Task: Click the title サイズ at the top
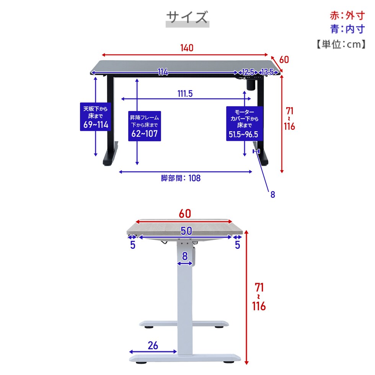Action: tap(187, 17)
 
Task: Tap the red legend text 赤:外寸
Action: tap(347, 16)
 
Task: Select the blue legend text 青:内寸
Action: tap(347, 29)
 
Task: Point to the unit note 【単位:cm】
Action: tap(341, 44)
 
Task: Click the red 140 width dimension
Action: tap(187, 48)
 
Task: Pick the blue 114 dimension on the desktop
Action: tap(163, 72)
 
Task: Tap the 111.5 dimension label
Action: tap(185, 93)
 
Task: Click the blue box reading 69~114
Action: tap(95, 117)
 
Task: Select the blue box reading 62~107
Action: tap(145, 126)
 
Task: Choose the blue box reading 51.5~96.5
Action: tap(244, 123)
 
